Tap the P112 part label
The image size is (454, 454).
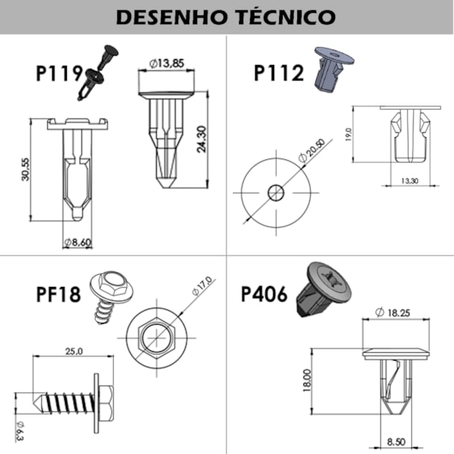coord(278,73)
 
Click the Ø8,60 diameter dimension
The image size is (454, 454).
coord(79,243)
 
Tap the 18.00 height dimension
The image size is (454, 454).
coord(308,379)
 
